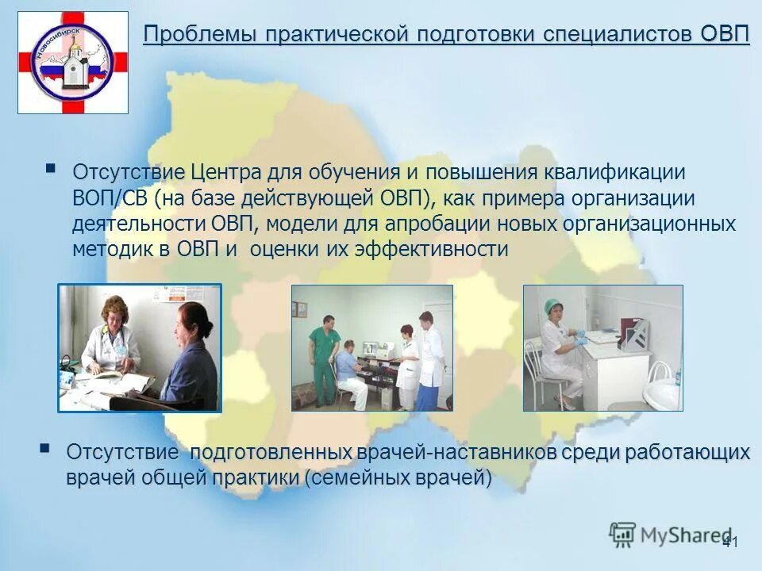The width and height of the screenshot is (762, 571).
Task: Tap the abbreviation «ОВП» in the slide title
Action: click(x=725, y=36)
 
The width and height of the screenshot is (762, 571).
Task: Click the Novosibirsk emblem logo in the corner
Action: click(x=72, y=62)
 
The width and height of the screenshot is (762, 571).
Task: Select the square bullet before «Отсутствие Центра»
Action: click(x=51, y=168)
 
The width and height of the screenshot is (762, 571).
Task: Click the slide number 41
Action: click(x=730, y=542)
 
